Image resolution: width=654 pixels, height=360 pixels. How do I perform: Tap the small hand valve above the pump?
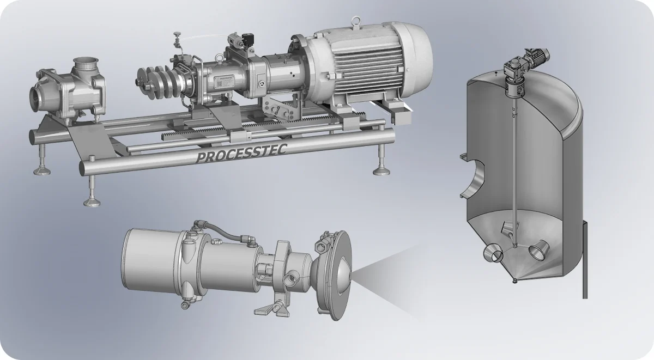coord(177,40)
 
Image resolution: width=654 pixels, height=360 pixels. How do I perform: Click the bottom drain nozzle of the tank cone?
coord(514,280)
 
